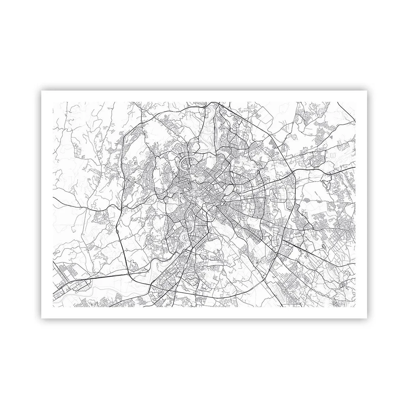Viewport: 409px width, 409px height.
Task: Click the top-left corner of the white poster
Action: click(42, 91)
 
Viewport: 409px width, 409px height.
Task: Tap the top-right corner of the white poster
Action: click(367, 91)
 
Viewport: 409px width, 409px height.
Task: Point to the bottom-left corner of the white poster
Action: click(42, 318)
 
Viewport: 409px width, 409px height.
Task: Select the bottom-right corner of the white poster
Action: click(367, 318)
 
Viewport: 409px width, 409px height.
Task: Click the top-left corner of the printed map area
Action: click(53, 102)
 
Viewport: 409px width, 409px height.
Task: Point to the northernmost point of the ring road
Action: click(204, 102)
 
